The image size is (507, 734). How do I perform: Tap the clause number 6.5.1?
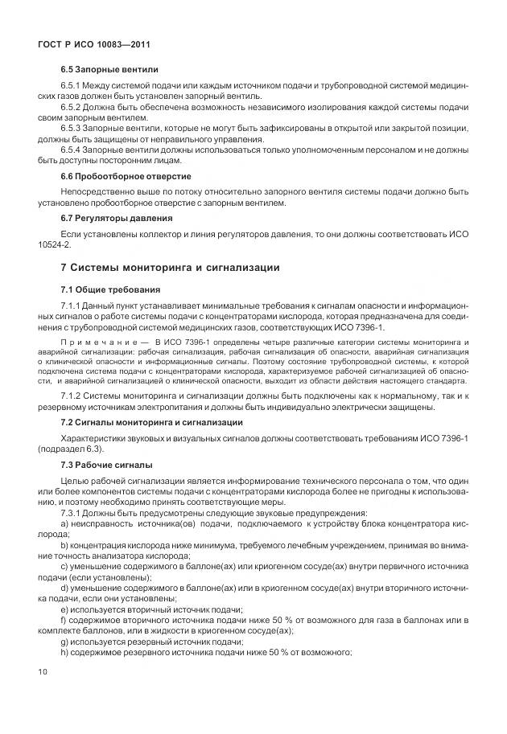(73, 85)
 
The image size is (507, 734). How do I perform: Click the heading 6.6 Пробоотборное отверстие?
(126, 175)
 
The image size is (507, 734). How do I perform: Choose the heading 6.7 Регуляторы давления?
(117, 218)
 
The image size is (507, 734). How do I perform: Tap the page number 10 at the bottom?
(43, 670)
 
